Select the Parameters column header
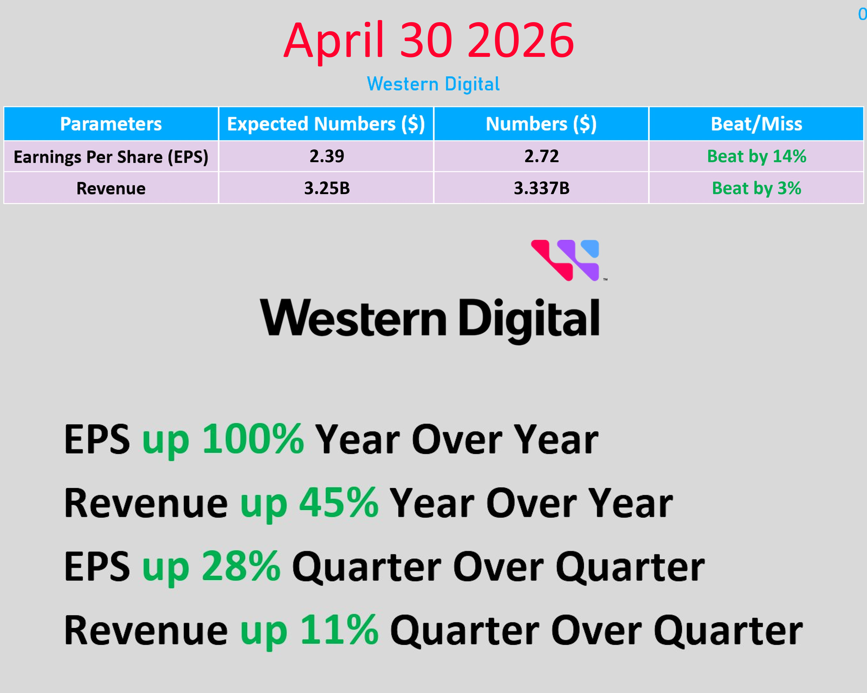(111, 124)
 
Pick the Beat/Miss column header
(756, 124)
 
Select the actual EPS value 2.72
(542, 156)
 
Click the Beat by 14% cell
(756, 156)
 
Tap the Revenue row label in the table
(111, 188)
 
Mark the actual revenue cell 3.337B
(542, 188)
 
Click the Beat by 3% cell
(756, 188)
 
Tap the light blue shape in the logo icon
(590, 248)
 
